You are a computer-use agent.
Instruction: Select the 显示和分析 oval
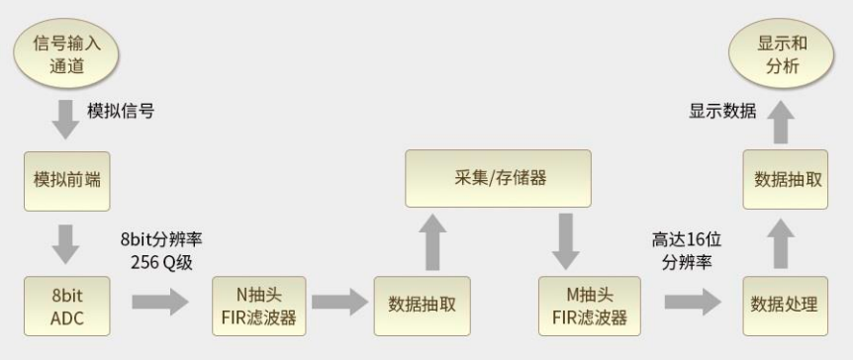[x=782, y=55]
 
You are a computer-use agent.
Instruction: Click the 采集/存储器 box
[x=498, y=178]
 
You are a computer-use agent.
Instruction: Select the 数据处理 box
[x=784, y=305]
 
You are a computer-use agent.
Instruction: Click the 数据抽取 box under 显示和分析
[x=784, y=179]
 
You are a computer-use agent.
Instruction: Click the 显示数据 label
[x=722, y=111]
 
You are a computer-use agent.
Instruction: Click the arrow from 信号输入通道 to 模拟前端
[x=66, y=117]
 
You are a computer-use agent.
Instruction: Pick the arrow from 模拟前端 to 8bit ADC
[x=66, y=242]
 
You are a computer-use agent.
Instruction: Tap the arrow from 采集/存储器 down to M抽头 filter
[x=566, y=241]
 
